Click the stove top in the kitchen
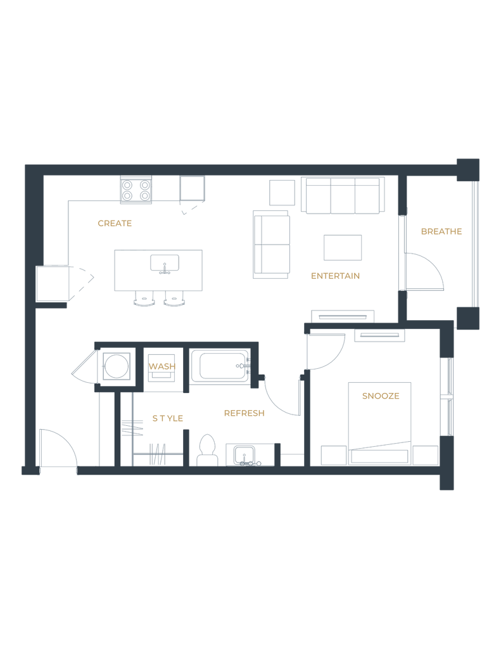pos(136,190)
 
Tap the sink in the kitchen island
pos(165,262)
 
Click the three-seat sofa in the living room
pos(345,196)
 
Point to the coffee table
pos(343,247)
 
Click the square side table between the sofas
pos(282,191)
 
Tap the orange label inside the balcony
pos(441,232)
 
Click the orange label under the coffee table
pos(335,276)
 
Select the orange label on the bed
pos(381,397)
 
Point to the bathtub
pos(220,366)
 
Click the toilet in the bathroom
pos(206,449)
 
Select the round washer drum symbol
pos(117,366)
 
